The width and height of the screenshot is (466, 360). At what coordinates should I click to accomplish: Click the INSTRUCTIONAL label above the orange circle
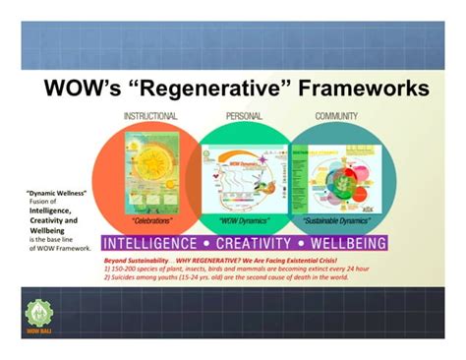(150, 116)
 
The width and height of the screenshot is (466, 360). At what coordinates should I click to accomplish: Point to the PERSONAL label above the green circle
(244, 116)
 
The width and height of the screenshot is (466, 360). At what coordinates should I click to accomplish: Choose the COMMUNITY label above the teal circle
(336, 116)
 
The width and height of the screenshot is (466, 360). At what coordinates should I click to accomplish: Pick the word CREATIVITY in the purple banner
(254, 242)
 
